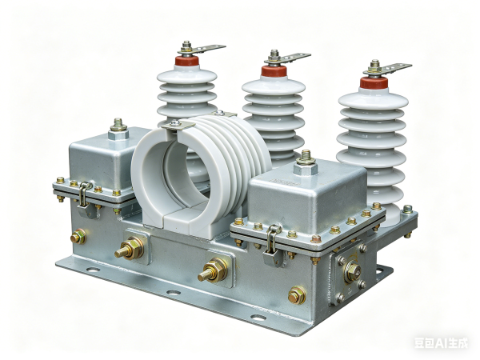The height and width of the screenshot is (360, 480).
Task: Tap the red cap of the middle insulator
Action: coord(274,70)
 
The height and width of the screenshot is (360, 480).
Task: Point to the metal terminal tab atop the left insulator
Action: coord(206,50)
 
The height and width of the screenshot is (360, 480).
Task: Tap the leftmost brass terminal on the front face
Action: coord(78,236)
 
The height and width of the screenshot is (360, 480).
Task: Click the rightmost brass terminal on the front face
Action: coord(297,295)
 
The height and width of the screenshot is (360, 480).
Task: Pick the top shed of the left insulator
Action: coord(186,78)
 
